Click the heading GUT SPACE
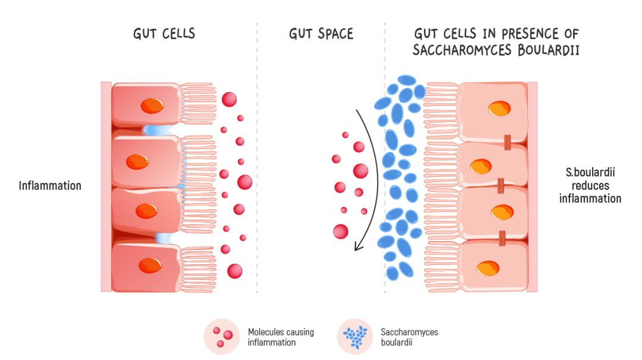[x=321, y=34]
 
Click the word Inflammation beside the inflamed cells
[x=50, y=186]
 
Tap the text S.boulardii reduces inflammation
[x=590, y=185]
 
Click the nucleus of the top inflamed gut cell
[x=152, y=106]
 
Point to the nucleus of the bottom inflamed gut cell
[x=150, y=266]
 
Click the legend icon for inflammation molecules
[x=221, y=336]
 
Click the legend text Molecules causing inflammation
[x=280, y=337]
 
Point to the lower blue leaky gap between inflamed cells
[x=163, y=238]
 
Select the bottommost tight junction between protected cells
[x=502, y=238]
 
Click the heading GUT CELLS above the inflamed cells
[x=164, y=34]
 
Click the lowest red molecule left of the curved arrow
[x=341, y=232]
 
